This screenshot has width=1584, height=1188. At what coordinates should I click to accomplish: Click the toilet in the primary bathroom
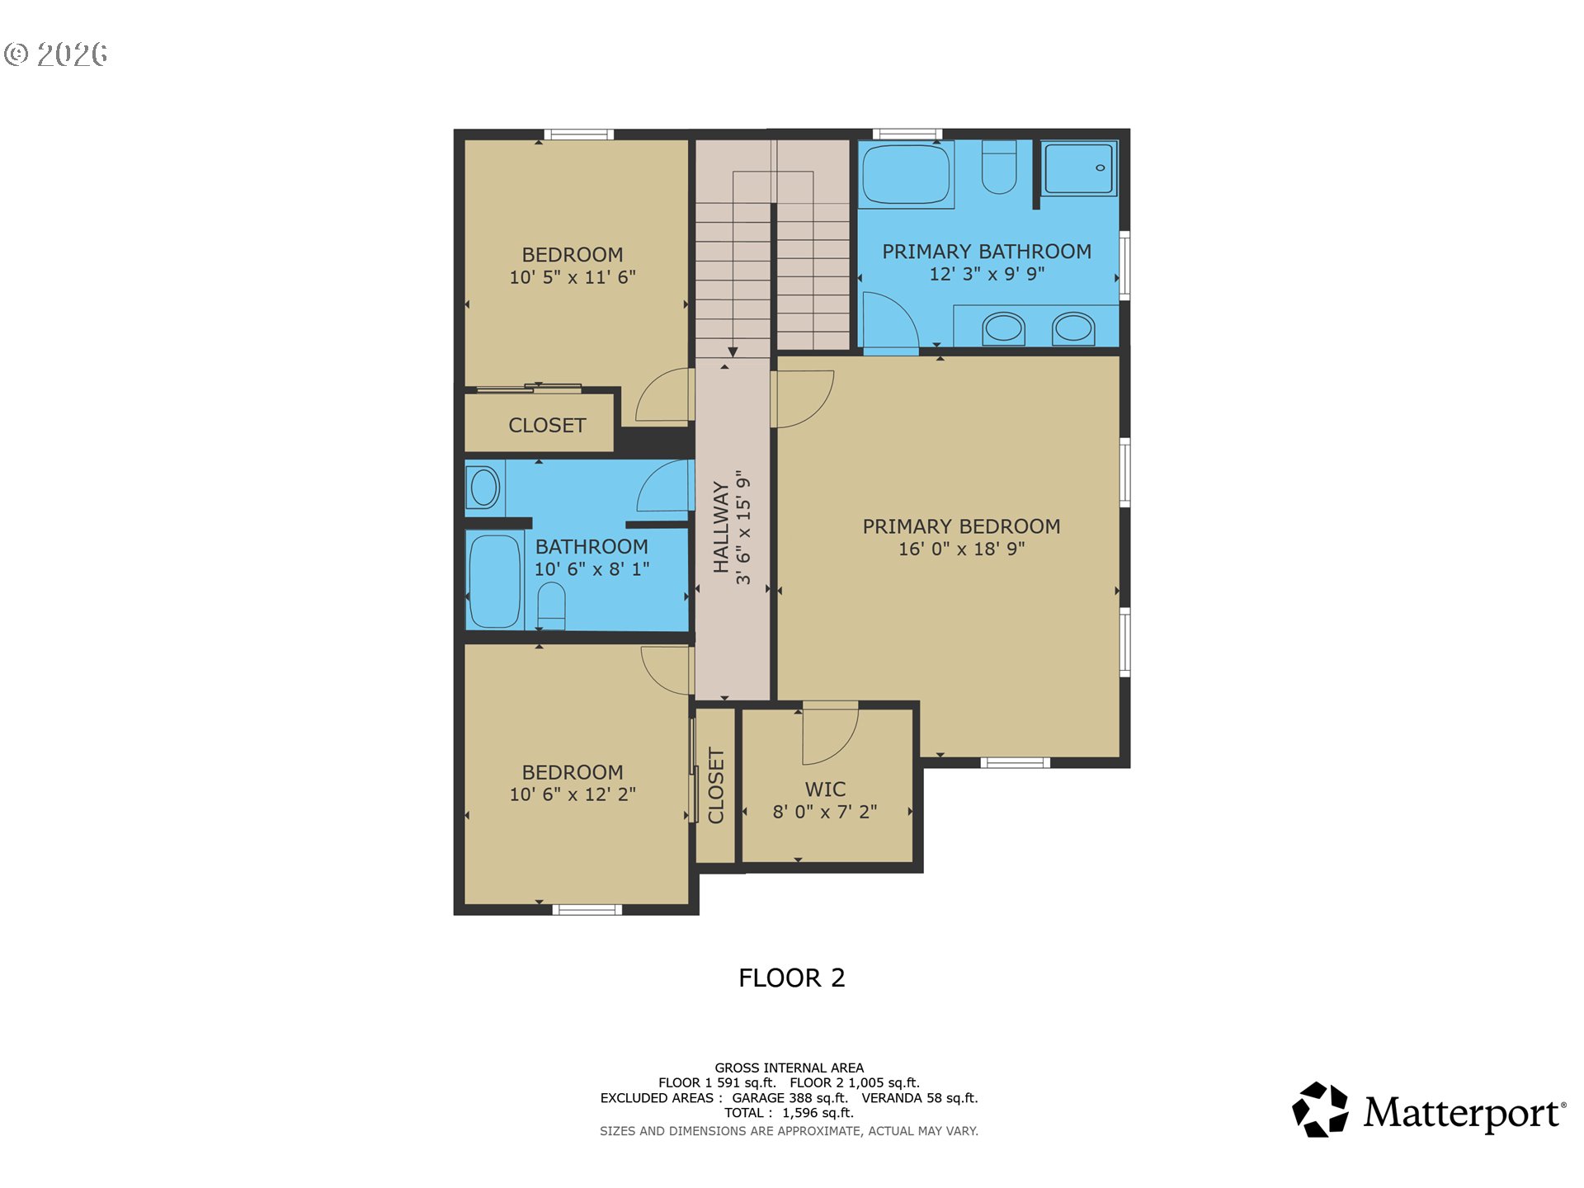[998, 167]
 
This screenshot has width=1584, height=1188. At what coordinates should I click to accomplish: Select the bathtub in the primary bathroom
[906, 174]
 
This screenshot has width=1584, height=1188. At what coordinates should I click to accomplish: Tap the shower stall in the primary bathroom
[1079, 168]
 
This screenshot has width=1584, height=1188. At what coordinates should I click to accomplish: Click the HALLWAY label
[721, 527]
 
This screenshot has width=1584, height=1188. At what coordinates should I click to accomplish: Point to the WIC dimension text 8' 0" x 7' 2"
[825, 812]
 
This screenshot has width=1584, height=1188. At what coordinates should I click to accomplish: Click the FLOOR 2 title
[792, 978]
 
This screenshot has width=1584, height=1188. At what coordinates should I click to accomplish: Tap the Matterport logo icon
[1320, 1110]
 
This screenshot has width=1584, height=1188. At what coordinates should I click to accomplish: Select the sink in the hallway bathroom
[484, 487]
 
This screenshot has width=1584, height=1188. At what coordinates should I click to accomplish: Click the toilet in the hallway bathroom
[551, 606]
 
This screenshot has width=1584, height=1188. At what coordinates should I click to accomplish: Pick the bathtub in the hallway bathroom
[494, 579]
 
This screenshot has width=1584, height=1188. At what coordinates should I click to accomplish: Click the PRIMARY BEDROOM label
[962, 526]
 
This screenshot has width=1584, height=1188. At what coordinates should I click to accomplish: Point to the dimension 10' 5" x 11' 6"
[573, 277]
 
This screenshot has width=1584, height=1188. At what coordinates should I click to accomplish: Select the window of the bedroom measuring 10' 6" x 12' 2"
[587, 910]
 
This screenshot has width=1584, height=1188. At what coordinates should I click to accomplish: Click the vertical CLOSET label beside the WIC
[716, 786]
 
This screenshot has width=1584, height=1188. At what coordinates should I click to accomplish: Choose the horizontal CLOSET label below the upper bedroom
[547, 426]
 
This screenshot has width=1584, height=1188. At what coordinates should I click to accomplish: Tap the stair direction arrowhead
[733, 352]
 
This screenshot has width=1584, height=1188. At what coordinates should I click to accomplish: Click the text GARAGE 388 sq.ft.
[790, 1098]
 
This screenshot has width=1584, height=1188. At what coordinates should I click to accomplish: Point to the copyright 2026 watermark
[56, 54]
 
